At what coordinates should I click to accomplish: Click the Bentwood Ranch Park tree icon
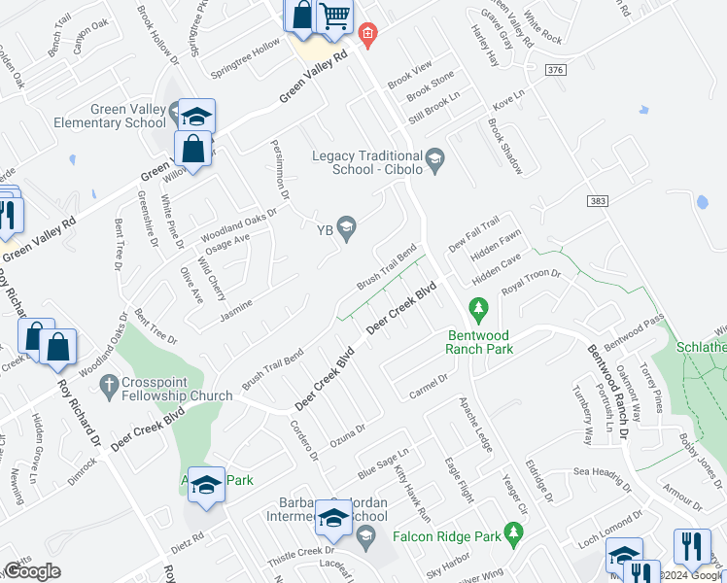pyautogui.click(x=477, y=310)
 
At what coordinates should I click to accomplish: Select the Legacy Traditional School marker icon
pyautogui.click(x=435, y=156)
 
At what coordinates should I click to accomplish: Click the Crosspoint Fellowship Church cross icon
pyautogui.click(x=107, y=384)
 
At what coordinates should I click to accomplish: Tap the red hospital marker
pyautogui.click(x=366, y=35)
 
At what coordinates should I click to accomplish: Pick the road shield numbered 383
pyautogui.click(x=598, y=199)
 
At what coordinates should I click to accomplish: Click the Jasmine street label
pyautogui.click(x=236, y=310)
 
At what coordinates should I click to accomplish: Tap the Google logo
pyautogui.click(x=33, y=571)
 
